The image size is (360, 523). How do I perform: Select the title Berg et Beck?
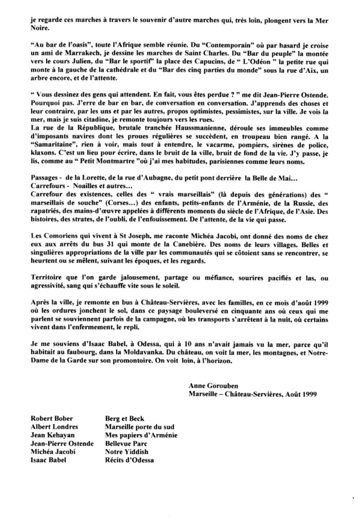point(125,419)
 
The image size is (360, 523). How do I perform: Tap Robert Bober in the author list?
point(52,419)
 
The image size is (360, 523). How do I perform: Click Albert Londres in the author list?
point(54,427)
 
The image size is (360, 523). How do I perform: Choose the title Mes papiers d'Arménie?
point(141,435)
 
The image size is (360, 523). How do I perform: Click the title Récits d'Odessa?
point(129,460)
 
